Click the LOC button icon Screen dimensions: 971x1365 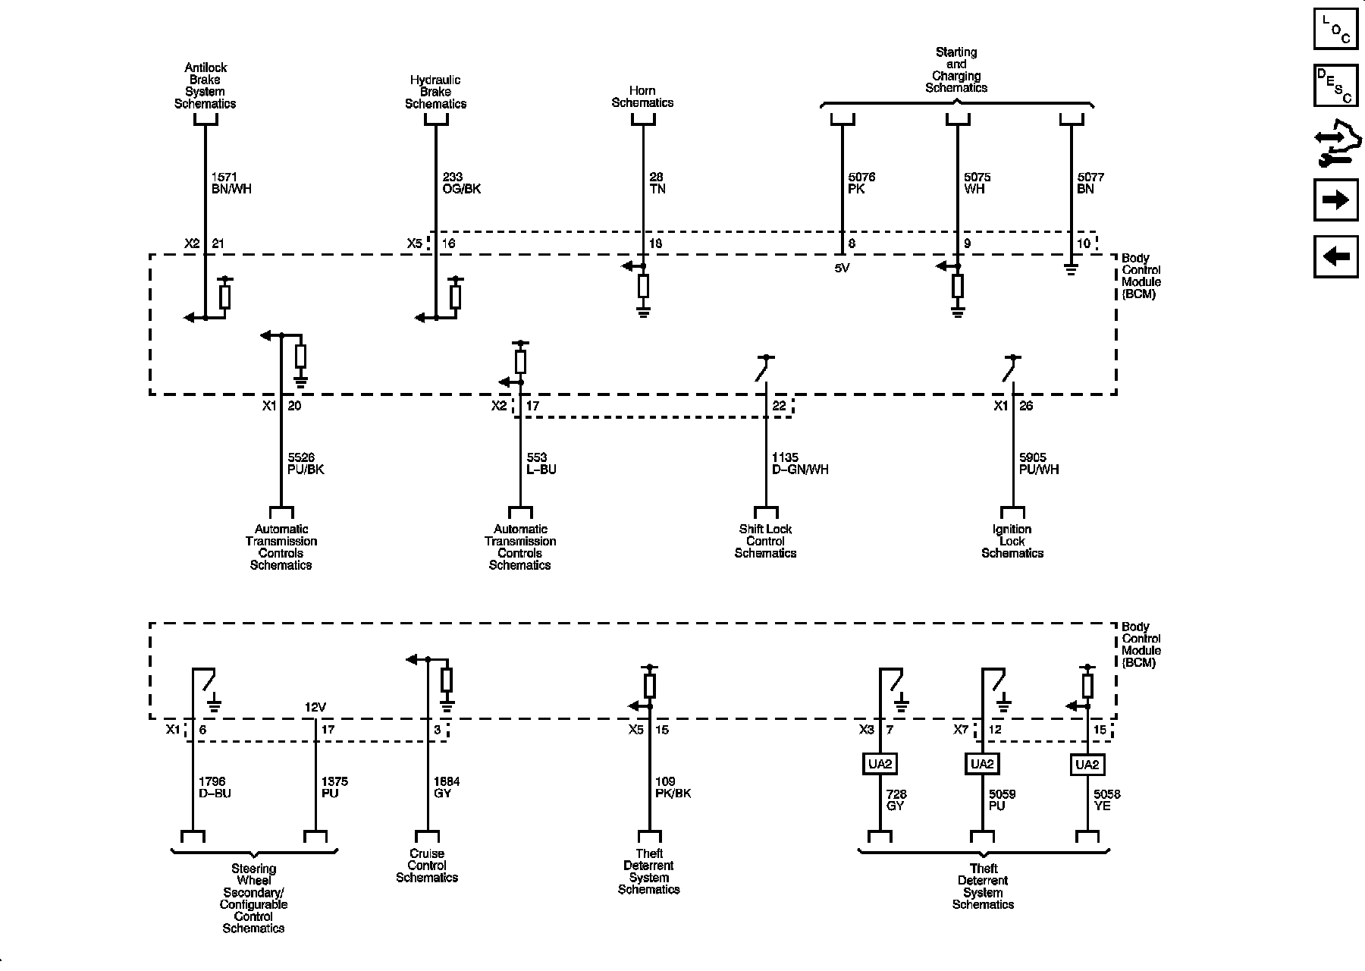tap(1335, 30)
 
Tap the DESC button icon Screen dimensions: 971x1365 tap(1335, 86)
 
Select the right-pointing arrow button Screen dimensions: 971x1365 tap(1335, 200)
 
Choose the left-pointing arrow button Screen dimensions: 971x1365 tap(1335, 256)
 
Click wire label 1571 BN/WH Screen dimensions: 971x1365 tap(231, 183)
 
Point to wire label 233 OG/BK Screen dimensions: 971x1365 tap(461, 183)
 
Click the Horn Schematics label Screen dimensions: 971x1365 tap(642, 96)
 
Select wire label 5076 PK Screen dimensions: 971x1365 tap(861, 183)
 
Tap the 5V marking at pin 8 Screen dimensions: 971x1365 tap(842, 269)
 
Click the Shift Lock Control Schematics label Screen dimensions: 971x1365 tap(765, 541)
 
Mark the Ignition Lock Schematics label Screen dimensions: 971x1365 tap(1012, 541)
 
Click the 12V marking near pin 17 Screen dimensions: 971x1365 tap(315, 707)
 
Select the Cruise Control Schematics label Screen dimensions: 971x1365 tap(427, 866)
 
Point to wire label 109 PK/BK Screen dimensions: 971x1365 tap(673, 787)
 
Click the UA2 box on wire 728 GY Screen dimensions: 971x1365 tap(880, 764)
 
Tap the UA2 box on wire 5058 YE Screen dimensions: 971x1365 tap(1087, 764)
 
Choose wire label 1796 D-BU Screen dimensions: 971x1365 tap(215, 787)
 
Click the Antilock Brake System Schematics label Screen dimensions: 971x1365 tap(205, 86)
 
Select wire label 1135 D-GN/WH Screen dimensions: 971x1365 tap(799, 464)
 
